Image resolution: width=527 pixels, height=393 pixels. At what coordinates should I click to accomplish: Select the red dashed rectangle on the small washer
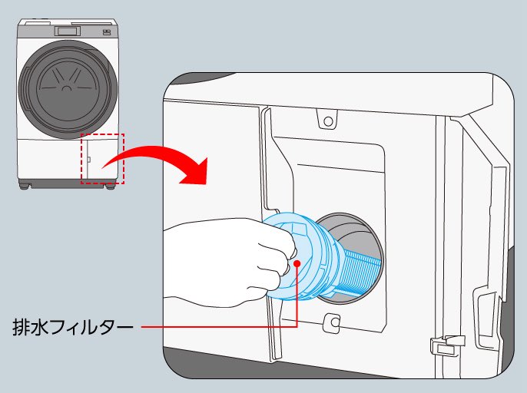tap(101, 159)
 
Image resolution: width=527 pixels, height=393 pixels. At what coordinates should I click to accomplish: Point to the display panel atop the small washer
tap(63, 31)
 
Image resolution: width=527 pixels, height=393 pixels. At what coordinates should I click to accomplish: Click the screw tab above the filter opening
tap(328, 121)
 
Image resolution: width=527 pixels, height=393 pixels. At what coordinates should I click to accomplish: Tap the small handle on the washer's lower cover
tap(88, 160)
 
